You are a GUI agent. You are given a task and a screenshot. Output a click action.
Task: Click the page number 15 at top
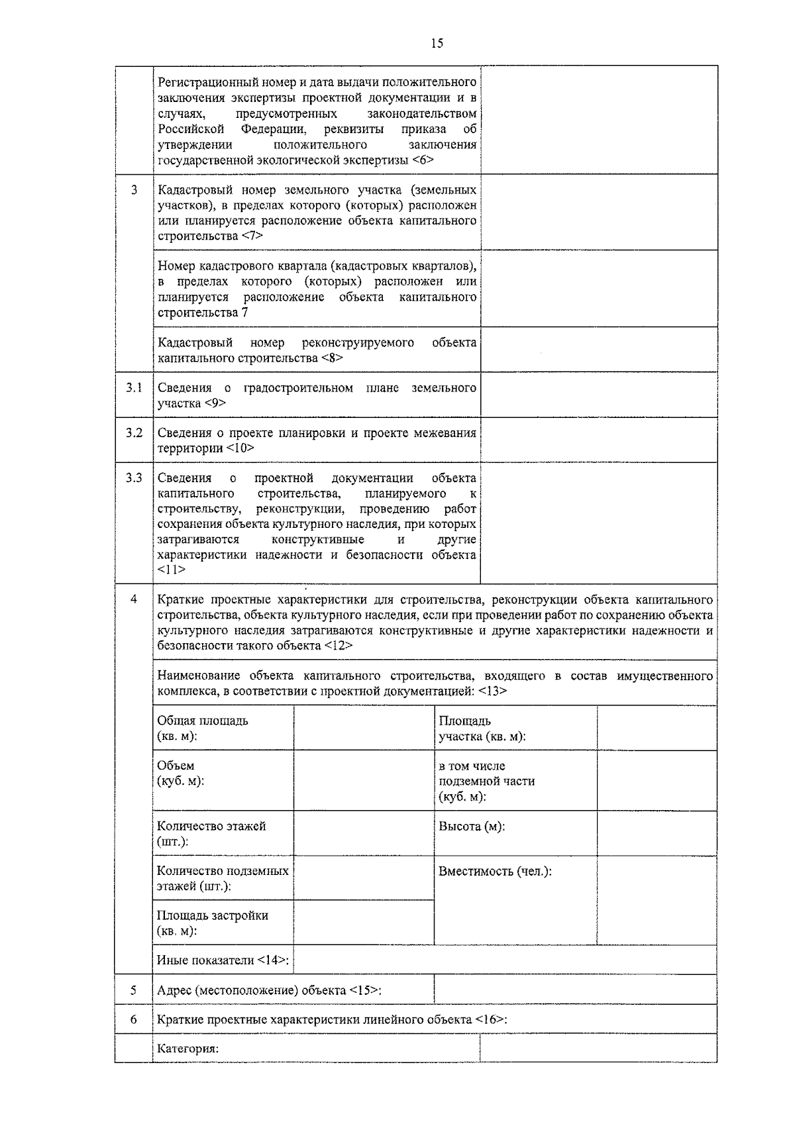(437, 44)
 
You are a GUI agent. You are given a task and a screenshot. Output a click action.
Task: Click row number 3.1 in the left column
(134, 387)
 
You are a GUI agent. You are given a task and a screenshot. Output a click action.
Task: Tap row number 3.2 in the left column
(134, 433)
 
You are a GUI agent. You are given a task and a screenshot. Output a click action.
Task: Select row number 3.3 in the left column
(134, 478)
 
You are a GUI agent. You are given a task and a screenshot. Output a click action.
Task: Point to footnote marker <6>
(422, 160)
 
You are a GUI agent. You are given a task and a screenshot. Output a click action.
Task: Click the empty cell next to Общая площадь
(363, 728)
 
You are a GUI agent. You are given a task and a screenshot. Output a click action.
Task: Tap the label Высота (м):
(472, 826)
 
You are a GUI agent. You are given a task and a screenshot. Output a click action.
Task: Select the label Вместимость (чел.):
(495, 871)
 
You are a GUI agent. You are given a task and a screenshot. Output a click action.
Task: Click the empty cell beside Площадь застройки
(363, 922)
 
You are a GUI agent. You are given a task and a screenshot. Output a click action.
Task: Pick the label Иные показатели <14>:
(225, 960)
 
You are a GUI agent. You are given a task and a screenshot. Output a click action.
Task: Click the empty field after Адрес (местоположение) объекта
(574, 990)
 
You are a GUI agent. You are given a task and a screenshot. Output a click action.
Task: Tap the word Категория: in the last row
(187, 1048)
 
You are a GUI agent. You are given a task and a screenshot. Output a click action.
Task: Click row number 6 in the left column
(134, 1019)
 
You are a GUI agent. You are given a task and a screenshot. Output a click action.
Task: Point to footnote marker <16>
(490, 1019)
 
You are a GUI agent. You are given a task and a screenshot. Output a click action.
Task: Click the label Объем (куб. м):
(180, 773)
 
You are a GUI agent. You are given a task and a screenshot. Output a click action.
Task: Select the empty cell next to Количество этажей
(363, 833)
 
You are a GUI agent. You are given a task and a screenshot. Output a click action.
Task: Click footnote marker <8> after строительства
(332, 358)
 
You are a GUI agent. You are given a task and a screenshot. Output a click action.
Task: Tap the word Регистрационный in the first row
(205, 82)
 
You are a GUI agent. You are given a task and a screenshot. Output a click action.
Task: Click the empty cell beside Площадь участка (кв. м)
(656, 728)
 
